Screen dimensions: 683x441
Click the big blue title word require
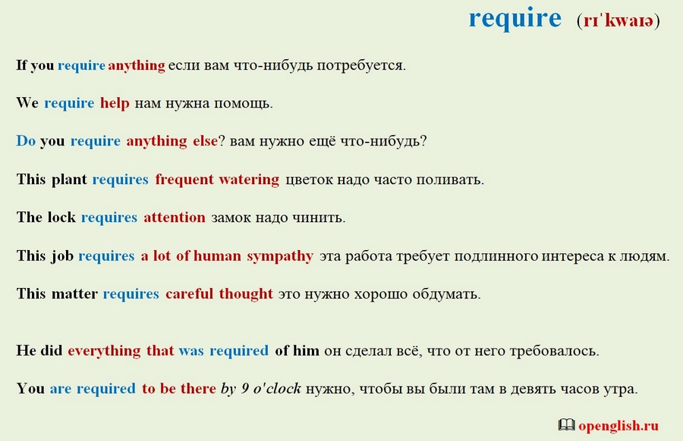pyautogui.click(x=515, y=19)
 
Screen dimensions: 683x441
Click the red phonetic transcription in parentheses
pyautogui.click(x=618, y=20)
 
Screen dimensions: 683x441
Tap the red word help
pyautogui.click(x=115, y=102)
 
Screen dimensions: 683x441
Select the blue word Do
pyautogui.click(x=26, y=141)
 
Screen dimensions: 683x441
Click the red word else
pyautogui.click(x=205, y=141)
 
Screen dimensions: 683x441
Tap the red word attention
pyautogui.click(x=175, y=217)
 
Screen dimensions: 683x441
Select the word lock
pyautogui.click(x=61, y=217)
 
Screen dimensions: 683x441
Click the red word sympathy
pyautogui.click(x=280, y=256)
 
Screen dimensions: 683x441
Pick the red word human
pyautogui.click(x=217, y=255)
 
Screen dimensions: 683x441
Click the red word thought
pyautogui.click(x=246, y=295)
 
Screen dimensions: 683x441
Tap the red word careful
pyautogui.click(x=189, y=293)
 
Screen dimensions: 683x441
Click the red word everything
pyautogui.click(x=104, y=351)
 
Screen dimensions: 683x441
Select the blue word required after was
pyautogui.click(x=239, y=351)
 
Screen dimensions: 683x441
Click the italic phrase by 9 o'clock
pyautogui.click(x=261, y=389)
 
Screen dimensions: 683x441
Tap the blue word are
pyautogui.click(x=61, y=389)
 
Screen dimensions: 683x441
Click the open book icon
pyautogui.click(x=566, y=425)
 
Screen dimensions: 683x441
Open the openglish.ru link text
pyautogui.click(x=618, y=426)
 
